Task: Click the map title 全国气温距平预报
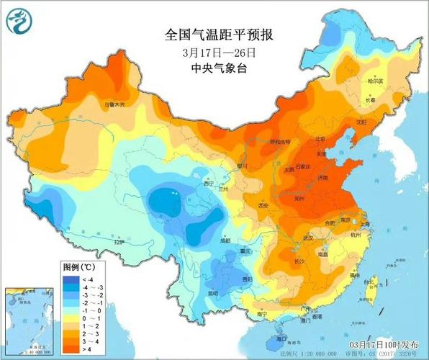(214, 34)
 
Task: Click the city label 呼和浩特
(279, 142)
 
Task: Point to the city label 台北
(371, 281)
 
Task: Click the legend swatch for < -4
(71, 279)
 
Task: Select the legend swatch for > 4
(71, 349)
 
